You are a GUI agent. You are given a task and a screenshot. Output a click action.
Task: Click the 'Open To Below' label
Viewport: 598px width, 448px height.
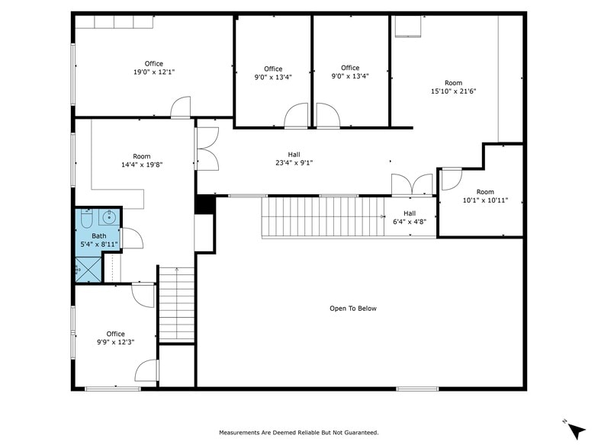click(352, 309)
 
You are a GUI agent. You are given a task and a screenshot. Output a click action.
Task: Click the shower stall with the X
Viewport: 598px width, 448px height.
click(88, 269)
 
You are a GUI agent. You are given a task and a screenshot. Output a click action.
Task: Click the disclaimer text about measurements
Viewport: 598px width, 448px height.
click(299, 433)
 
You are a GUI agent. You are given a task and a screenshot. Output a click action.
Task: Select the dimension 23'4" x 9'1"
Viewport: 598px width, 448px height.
click(294, 162)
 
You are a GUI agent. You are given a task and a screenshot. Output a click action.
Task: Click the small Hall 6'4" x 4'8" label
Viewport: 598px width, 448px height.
click(410, 218)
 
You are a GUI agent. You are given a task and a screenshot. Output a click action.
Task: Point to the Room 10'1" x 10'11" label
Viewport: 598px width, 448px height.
click(485, 197)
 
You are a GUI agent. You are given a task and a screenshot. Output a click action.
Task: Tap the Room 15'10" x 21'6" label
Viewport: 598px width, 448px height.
click(454, 87)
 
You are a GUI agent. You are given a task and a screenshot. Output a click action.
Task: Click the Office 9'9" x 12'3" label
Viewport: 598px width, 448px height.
click(115, 338)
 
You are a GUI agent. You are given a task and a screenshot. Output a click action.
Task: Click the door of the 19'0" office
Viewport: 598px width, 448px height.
click(181, 109)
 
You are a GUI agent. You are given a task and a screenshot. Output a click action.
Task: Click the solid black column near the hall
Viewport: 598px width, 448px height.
click(204, 205)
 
